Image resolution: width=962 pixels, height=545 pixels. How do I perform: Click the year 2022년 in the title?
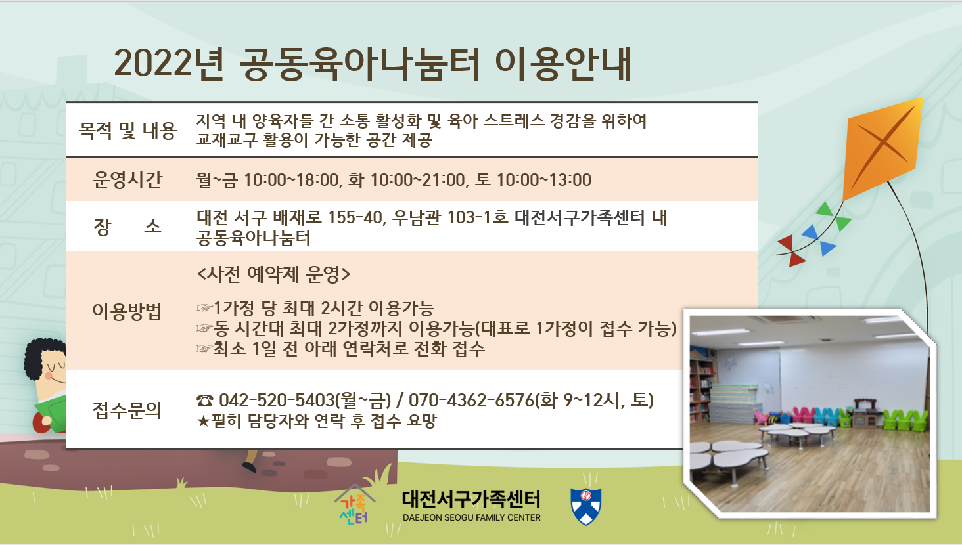click(x=169, y=64)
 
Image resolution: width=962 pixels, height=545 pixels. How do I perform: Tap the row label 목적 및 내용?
click(x=127, y=130)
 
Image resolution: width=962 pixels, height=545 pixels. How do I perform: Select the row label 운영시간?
click(x=127, y=180)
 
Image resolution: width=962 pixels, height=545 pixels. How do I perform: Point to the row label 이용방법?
click(x=127, y=311)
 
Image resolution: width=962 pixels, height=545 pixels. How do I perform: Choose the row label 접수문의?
click(x=127, y=410)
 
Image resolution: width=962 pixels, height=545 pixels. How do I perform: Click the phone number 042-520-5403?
click(x=277, y=400)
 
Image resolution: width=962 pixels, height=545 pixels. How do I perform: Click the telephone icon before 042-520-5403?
click(x=204, y=401)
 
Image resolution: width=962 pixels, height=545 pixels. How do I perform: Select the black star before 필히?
click(x=202, y=421)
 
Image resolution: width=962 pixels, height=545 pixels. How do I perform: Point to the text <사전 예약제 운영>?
click(x=273, y=274)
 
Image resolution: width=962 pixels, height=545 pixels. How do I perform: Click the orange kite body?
click(x=882, y=148)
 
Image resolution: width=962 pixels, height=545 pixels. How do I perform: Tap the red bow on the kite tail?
click(x=790, y=251)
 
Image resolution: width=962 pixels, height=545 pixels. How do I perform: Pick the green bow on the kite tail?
click(x=834, y=216)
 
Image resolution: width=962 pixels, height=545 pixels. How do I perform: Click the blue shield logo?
click(x=585, y=506)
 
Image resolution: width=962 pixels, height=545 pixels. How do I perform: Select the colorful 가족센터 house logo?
click(x=354, y=504)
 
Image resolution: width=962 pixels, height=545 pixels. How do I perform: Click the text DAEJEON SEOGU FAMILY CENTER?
click(x=472, y=518)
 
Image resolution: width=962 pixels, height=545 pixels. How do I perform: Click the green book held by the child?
click(x=51, y=412)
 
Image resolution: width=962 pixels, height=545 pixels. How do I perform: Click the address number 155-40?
click(x=355, y=217)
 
